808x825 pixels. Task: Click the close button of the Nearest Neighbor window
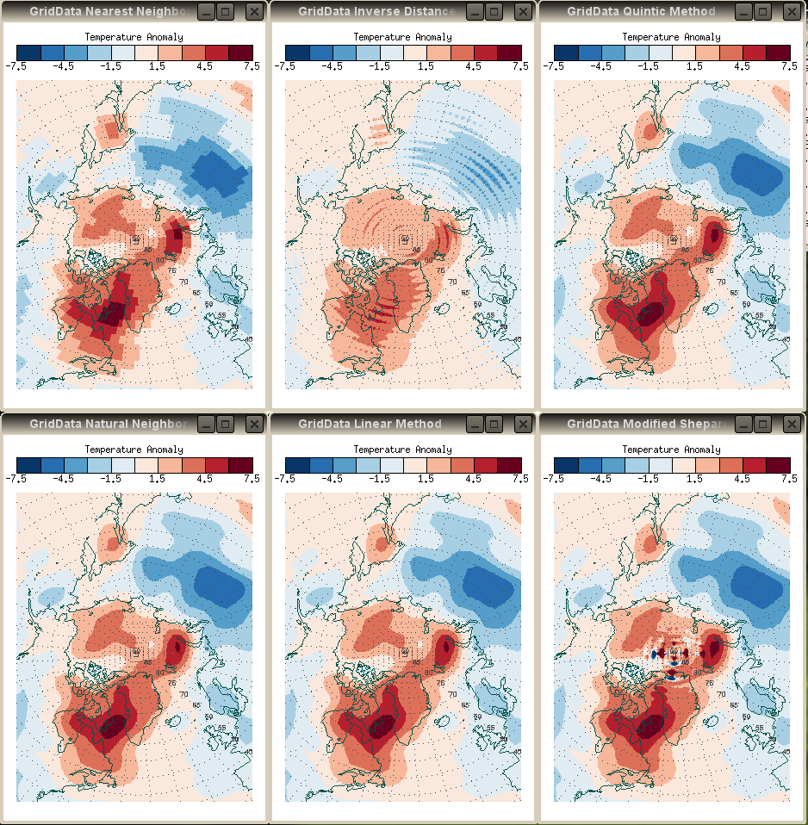254,11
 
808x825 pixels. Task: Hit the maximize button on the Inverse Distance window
494,11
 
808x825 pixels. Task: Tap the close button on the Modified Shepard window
792,424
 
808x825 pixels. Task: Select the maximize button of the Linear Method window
494,424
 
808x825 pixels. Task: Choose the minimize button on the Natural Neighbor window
206,424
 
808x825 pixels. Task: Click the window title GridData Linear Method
370,424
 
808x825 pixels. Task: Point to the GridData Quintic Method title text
641,11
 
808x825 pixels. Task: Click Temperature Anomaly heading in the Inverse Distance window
403,38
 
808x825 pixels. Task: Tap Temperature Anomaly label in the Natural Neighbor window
134,450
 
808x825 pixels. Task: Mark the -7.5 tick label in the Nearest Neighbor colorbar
16,66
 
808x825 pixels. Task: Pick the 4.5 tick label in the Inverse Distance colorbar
473,66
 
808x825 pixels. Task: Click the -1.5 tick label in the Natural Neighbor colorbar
110,479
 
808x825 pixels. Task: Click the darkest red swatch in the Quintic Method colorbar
778,52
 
